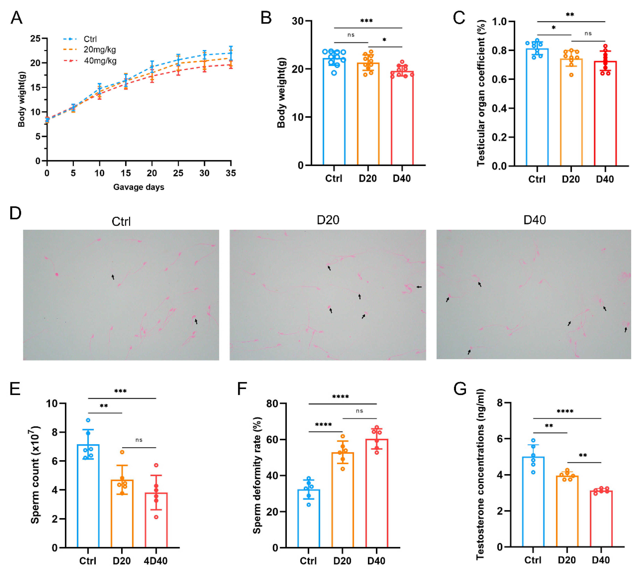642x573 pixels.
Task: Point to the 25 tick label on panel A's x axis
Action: (178, 173)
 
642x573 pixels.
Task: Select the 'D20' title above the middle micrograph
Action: (328, 220)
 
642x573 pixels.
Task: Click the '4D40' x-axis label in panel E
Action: (156, 561)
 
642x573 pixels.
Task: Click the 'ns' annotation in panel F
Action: (359, 411)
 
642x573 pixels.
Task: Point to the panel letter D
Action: (15, 213)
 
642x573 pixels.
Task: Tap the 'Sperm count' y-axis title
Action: (35, 475)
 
